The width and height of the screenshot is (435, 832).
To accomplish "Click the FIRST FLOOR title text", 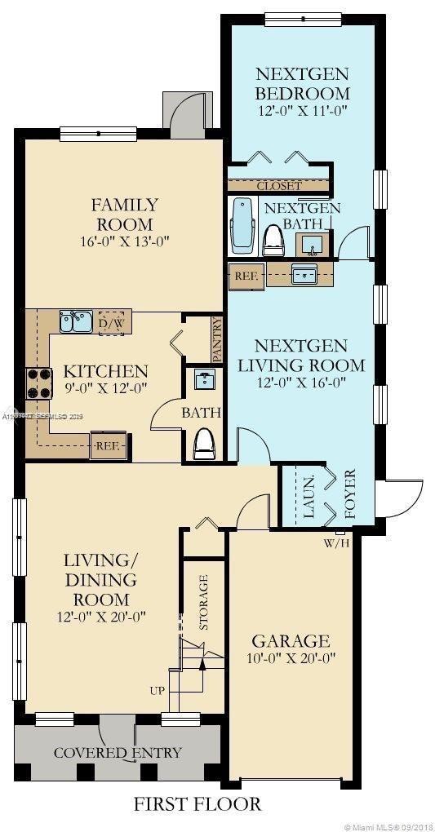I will coord(198,804).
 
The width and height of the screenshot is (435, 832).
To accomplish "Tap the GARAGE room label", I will coord(290,640).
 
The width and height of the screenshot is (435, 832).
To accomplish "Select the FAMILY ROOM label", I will coord(124,214).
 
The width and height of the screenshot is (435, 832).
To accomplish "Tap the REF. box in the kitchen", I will coord(108,446).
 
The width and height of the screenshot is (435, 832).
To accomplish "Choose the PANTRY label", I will coord(216,339).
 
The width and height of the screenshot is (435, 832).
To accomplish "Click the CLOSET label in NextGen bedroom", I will coord(279,186).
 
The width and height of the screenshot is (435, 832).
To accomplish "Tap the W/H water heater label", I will coord(337,542).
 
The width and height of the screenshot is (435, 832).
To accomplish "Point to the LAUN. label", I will coord(309,497).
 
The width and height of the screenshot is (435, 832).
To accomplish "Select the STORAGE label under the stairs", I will coord(204,602).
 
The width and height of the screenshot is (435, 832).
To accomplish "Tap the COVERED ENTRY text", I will coord(118,752).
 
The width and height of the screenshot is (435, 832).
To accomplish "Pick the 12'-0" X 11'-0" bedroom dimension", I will coord(302,113).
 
